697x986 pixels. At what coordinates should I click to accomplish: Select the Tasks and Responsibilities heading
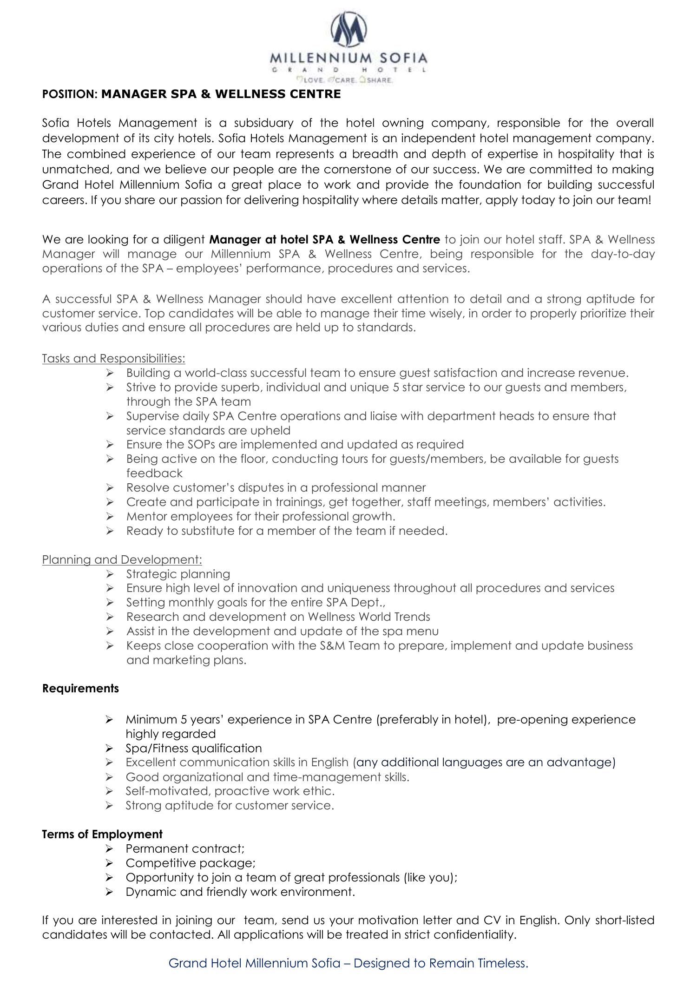click(113, 358)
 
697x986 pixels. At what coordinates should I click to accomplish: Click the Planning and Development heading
click(122, 559)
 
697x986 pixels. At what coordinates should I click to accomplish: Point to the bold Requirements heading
click(80, 688)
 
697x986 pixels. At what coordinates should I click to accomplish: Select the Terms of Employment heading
click(102, 834)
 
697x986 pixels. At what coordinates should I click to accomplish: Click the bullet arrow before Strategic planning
click(110, 574)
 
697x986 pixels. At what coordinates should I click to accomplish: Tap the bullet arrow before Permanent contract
click(110, 848)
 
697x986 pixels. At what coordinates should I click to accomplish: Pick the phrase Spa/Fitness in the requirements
click(157, 748)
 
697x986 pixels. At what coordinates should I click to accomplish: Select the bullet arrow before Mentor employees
click(110, 516)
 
